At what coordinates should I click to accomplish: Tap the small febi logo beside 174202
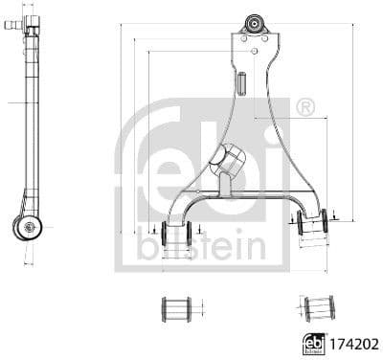(x=312, y=341)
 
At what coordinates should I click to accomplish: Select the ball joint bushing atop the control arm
(x=254, y=24)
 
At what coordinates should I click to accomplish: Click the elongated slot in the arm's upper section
(x=244, y=82)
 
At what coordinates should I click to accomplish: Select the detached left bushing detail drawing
(x=175, y=308)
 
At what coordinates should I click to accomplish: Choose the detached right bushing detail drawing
(x=319, y=308)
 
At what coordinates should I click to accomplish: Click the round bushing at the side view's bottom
(x=28, y=227)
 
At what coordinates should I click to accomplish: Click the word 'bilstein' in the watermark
(x=196, y=246)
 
